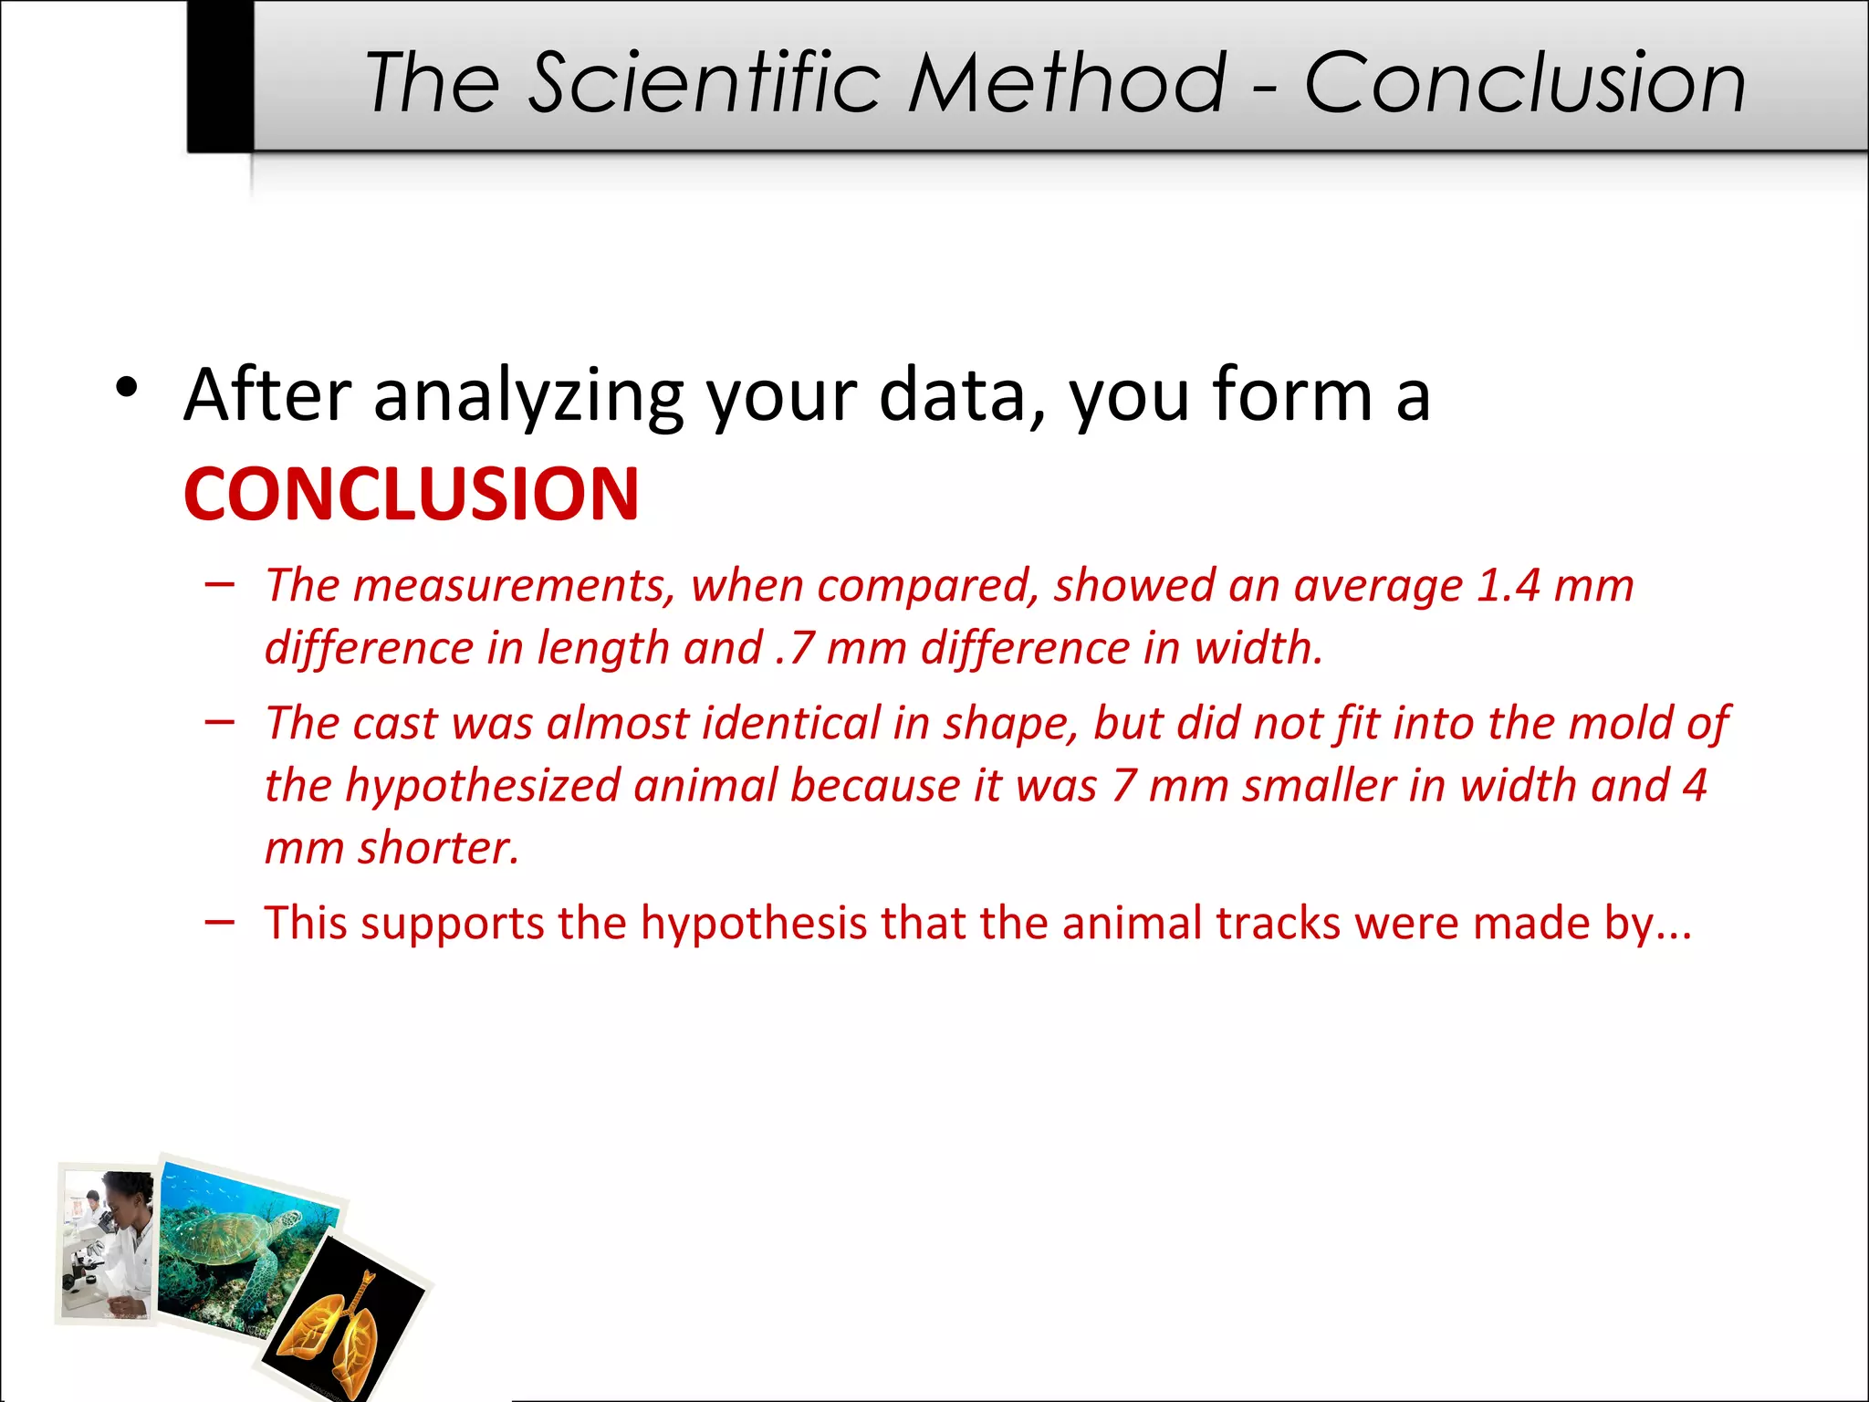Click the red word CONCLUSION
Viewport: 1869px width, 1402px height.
point(411,495)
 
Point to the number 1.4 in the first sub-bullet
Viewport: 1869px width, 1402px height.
point(1509,585)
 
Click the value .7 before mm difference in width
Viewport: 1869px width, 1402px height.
point(793,648)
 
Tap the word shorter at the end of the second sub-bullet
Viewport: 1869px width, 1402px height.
point(438,848)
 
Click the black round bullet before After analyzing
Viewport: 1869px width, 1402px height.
point(127,388)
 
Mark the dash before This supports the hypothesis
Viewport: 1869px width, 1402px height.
point(219,923)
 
